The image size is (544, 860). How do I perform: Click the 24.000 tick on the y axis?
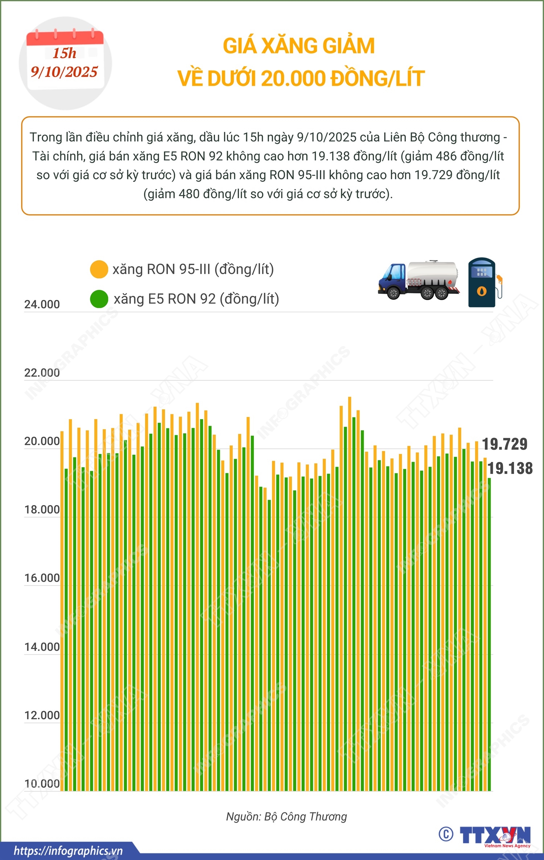42,304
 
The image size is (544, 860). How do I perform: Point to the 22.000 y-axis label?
42,373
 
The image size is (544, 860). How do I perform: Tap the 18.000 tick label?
42,510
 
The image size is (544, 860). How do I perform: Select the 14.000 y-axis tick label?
42,647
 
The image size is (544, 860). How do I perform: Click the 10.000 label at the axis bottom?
42,784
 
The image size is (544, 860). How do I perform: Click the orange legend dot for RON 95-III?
99,269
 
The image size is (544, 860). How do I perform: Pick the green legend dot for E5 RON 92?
99,299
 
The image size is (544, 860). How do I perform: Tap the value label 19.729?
504,444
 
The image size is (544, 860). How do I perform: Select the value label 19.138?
510,468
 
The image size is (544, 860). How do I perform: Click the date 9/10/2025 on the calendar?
64,72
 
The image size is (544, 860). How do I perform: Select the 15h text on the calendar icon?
65,53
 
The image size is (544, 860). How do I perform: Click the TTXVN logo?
495,835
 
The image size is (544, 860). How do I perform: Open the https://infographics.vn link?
68,851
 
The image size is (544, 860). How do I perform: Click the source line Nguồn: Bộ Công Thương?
287,816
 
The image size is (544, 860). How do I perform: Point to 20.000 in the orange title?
293,78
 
